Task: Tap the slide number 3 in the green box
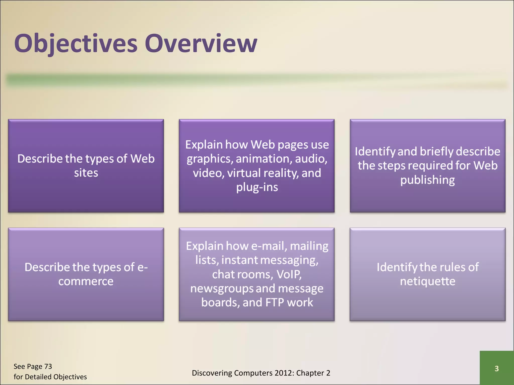pos(496,368)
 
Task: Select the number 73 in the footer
pos(48,366)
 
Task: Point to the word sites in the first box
pos(86,173)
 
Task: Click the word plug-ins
pos(257,187)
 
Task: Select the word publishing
pos(427,180)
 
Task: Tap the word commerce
pos(86,281)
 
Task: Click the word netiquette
pos(427,281)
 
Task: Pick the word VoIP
pos(289,274)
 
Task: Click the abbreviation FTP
pos(275,303)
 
